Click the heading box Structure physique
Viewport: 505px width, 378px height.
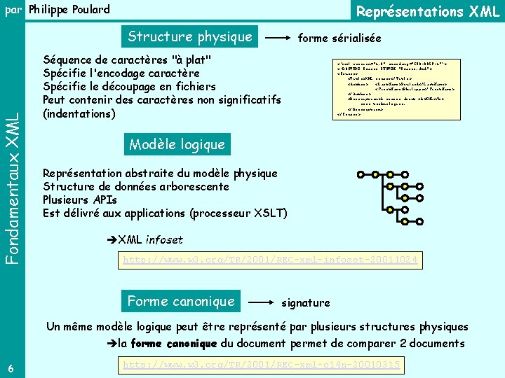coord(189,37)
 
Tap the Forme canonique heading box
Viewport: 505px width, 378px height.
coord(181,302)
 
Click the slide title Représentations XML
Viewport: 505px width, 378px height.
coord(428,11)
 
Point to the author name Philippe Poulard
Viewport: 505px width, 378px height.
coord(69,9)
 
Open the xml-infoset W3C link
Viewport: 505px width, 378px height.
coord(270,260)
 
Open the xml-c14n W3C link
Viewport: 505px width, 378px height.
coord(262,365)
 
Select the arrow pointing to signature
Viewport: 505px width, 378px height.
coord(264,303)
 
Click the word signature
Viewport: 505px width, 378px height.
coord(305,303)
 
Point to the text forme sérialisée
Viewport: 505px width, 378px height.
coord(339,38)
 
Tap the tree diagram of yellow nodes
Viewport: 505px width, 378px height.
coord(396,193)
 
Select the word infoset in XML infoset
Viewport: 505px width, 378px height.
coord(164,240)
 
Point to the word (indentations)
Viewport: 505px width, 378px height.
coord(79,113)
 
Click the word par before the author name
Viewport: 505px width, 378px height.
coord(13,9)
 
